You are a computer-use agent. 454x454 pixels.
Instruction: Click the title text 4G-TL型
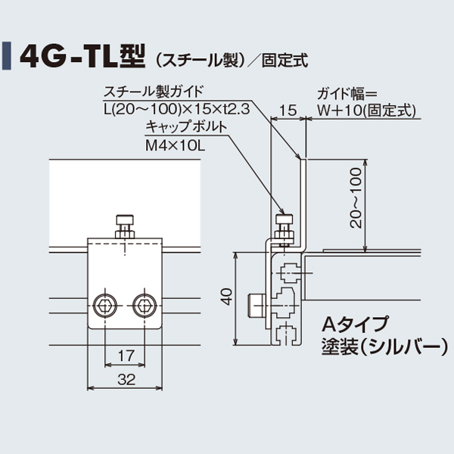pos(83,55)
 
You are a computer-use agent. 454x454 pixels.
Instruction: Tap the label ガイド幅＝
pos(340,94)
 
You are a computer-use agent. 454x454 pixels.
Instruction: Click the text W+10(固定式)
pos(366,110)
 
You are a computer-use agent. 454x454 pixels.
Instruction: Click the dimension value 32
pos(126,380)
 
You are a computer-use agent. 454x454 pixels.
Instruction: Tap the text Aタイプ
pos(355,325)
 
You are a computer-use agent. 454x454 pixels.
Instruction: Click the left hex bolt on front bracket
pos(104,306)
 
